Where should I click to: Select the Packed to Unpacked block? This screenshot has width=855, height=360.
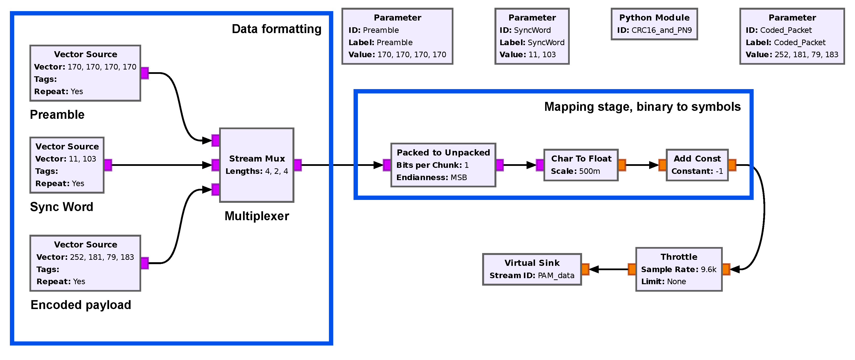pyautogui.click(x=443, y=165)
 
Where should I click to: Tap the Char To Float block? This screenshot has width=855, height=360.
pyautogui.click(x=581, y=165)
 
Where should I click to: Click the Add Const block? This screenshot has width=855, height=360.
pyautogui.click(x=697, y=165)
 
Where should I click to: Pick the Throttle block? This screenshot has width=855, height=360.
pyautogui.click(x=679, y=269)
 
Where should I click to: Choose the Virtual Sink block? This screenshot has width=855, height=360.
pyautogui.click(x=532, y=269)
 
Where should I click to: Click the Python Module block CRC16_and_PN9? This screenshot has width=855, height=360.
pyautogui.click(x=654, y=24)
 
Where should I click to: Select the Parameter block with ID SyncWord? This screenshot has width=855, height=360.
pyautogui.click(x=532, y=36)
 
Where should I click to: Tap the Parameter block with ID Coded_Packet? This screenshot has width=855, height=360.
pyautogui.click(x=792, y=36)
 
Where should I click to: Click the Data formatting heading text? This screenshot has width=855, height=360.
pyautogui.click(x=277, y=29)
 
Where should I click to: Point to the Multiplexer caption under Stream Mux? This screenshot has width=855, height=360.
pyautogui.click(x=257, y=216)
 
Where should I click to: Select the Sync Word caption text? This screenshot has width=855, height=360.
pyautogui.click(x=61, y=207)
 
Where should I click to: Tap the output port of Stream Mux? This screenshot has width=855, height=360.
pyautogui.click(x=298, y=165)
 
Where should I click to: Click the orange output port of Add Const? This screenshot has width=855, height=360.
pyautogui.click(x=732, y=165)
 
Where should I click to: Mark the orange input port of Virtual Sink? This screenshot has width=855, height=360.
pyautogui.click(x=585, y=269)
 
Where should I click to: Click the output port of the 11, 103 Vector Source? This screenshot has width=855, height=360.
pyautogui.click(x=108, y=165)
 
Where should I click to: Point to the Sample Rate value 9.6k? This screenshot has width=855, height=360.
pyautogui.click(x=708, y=269)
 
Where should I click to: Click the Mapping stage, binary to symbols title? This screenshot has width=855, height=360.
pyautogui.click(x=642, y=107)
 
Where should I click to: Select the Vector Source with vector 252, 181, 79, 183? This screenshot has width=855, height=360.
pyautogui.click(x=85, y=263)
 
